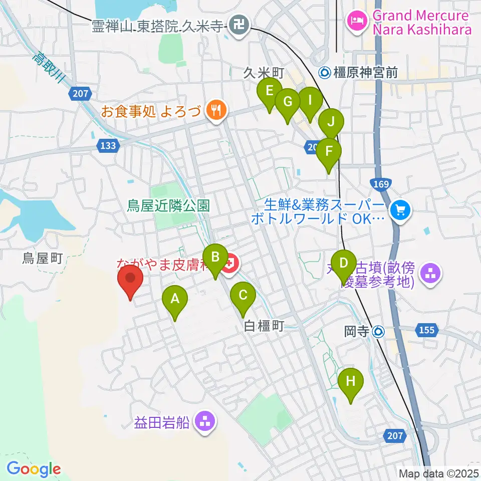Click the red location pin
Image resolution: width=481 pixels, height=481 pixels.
tap(130, 279)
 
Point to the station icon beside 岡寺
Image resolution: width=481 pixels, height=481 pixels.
tap(379, 331)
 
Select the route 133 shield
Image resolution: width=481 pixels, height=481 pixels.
tap(107, 146)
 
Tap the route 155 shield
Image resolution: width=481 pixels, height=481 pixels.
tap(426, 330)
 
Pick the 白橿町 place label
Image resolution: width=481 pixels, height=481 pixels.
tap(264, 327)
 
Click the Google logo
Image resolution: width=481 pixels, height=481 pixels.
tap(34, 469)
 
